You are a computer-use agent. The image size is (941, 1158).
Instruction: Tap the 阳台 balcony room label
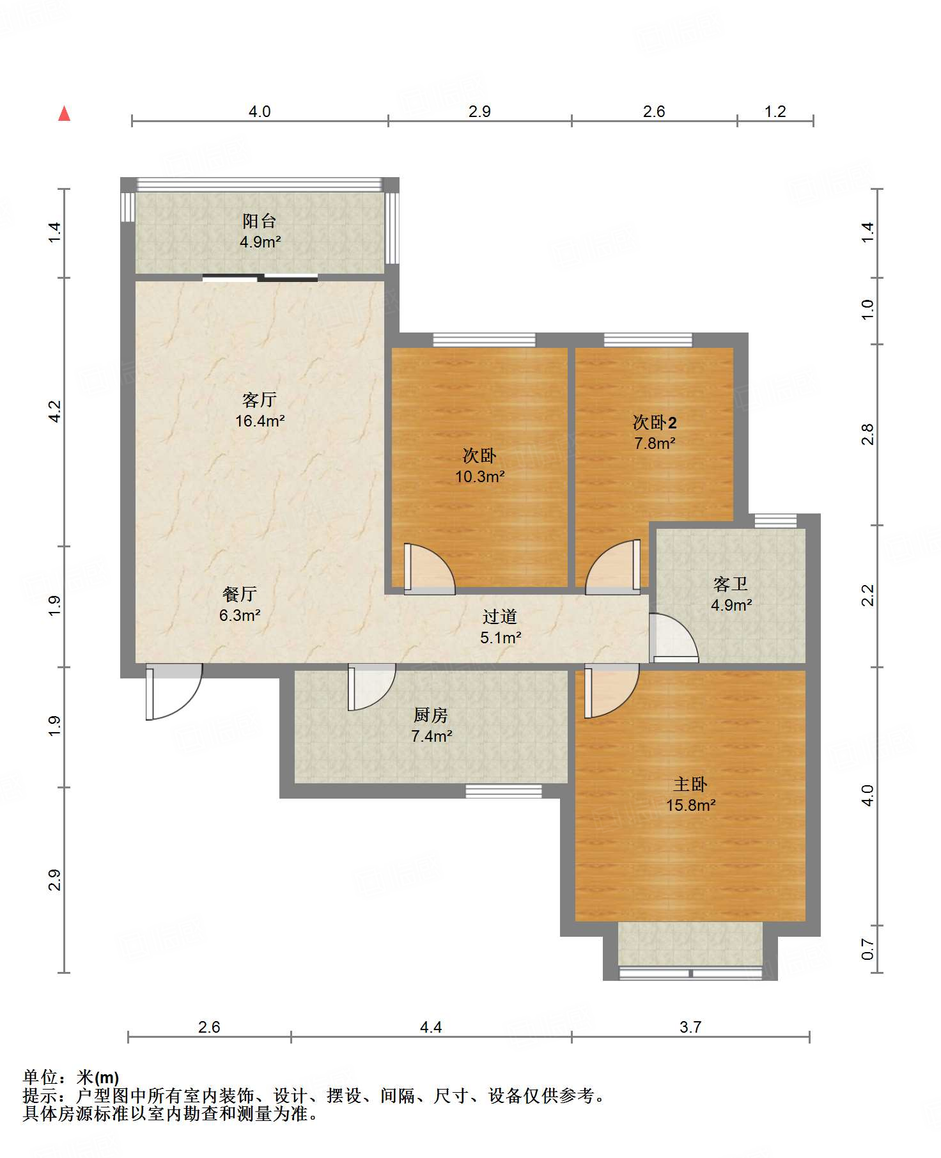260,221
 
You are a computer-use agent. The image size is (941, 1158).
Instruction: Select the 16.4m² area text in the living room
260,421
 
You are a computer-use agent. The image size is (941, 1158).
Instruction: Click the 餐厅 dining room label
240,594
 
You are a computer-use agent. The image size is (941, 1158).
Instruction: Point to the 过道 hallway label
500,616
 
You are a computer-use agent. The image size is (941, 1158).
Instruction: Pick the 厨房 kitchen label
431,715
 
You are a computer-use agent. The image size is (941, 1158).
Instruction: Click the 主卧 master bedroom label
690,784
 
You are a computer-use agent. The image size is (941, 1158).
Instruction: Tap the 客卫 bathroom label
731,584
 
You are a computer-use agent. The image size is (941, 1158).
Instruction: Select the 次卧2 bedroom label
655,422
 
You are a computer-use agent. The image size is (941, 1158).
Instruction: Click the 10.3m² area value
480,476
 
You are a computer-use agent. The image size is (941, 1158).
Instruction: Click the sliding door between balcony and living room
260,278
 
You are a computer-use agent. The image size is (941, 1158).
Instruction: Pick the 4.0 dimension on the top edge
260,111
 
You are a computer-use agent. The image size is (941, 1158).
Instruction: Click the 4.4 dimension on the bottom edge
431,1027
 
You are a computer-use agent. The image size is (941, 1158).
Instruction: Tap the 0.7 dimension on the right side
867,949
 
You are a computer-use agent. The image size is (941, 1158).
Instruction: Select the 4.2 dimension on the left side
55,411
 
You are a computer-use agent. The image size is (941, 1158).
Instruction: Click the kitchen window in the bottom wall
504,791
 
